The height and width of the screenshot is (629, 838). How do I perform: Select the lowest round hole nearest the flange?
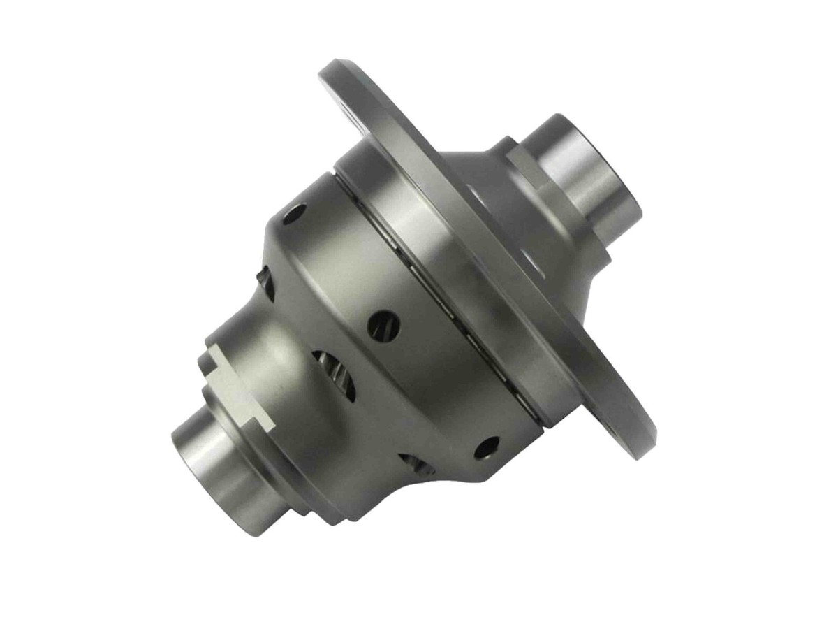pyautogui.click(x=487, y=447)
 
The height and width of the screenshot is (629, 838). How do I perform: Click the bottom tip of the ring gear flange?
pyautogui.click(x=639, y=447)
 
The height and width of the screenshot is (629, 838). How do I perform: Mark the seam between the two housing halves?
pyautogui.click(x=433, y=301)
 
